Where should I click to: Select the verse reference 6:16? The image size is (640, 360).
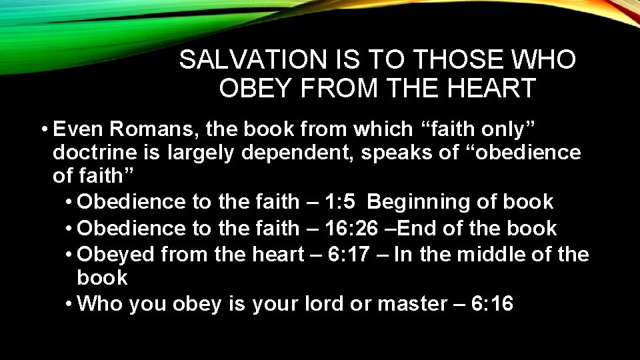coord(492,304)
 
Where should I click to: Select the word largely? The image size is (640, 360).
coord(201,153)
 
